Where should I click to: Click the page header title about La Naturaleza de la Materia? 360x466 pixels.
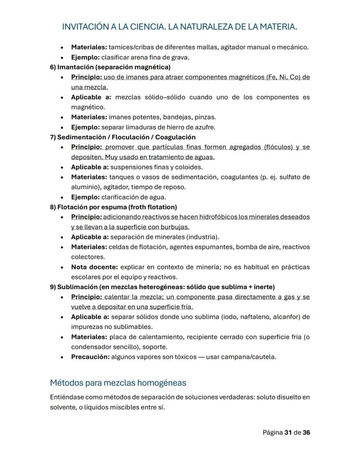click(180, 27)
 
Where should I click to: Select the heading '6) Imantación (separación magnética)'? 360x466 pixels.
click(110, 67)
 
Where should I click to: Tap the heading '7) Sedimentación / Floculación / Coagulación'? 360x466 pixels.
click(123, 137)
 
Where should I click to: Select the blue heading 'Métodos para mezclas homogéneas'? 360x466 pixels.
click(118, 383)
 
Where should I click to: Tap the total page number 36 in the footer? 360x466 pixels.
click(306, 432)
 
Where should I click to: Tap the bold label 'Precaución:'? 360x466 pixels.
click(90, 357)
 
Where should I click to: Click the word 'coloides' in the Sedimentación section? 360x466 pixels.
click(190, 167)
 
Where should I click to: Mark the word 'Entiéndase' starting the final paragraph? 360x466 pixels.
click(67, 398)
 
